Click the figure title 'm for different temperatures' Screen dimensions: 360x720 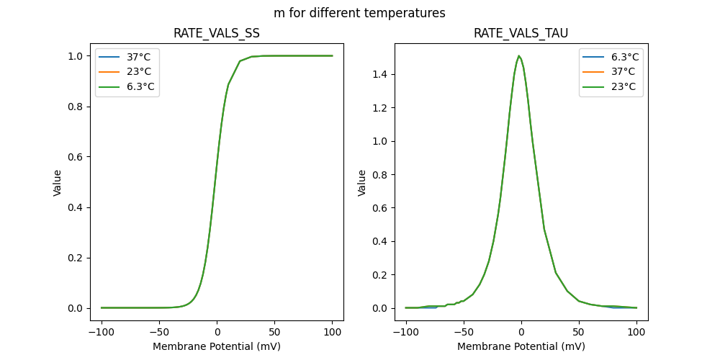coord(359,13)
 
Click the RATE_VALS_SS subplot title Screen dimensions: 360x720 coord(217,34)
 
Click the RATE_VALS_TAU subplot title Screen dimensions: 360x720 coord(521,34)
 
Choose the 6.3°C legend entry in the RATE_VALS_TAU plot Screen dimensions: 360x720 coord(624,57)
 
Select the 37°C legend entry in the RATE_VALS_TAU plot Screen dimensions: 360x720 coord(623,72)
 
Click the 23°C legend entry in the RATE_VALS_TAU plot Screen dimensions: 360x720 coord(623,87)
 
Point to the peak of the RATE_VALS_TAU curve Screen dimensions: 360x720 coord(519,56)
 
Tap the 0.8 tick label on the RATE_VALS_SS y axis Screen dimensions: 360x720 coord(76,107)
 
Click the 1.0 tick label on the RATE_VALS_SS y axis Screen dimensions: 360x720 coord(76,56)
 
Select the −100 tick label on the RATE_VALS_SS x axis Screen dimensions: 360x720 coord(102,333)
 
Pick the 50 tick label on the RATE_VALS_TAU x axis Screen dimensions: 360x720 coord(578,333)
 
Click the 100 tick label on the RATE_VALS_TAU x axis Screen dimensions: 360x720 coord(636,333)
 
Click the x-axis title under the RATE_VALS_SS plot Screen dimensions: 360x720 coord(217,346)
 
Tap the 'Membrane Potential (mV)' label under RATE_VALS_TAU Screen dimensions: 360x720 coord(521,346)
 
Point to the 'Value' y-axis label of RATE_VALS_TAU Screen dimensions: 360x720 coord(362,182)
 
